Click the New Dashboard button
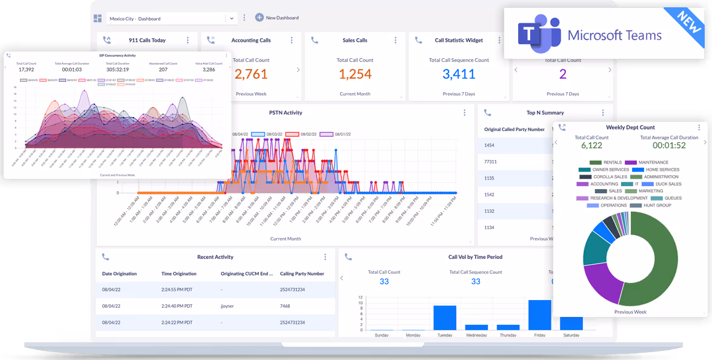277,18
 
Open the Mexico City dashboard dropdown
231,19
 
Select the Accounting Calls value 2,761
251,75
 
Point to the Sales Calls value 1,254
354,75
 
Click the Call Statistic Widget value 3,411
459,75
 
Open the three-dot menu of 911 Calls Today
188,41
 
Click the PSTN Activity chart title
285,113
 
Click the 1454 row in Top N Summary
490,145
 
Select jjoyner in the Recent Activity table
228,306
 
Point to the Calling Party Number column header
302,274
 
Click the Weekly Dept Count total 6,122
591,145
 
